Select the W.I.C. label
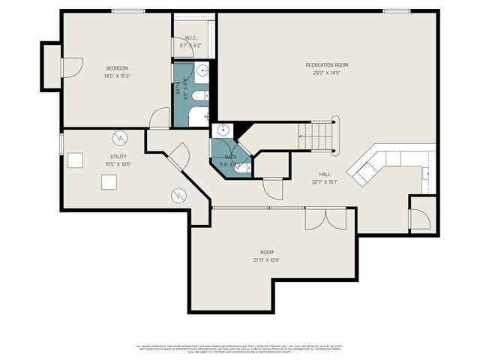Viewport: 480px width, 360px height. (190, 37)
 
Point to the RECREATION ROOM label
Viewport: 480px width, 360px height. (327, 65)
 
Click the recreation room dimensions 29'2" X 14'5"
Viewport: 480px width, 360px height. (327, 73)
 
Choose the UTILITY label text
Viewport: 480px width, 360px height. (118, 156)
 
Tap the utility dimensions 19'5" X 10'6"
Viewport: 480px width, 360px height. (118, 163)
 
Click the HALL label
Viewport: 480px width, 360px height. (325, 173)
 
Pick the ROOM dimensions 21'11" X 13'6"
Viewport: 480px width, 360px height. (267, 260)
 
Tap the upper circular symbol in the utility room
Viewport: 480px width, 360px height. (120, 138)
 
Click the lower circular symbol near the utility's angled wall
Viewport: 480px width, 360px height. (178, 195)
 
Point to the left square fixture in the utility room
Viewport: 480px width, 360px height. (75, 160)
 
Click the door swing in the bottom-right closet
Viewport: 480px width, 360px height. (420, 220)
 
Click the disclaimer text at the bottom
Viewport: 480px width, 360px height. (240, 349)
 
